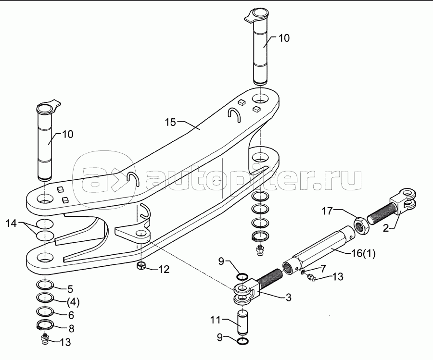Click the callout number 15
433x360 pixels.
171,122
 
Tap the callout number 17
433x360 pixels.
327,212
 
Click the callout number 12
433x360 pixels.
164,269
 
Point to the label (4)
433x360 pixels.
73,303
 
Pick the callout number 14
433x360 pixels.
12,223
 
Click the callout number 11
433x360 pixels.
216,320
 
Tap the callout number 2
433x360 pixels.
386,228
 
